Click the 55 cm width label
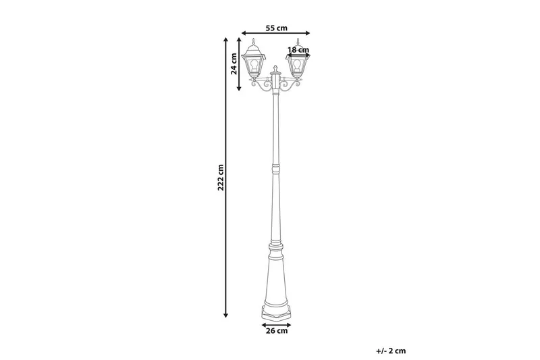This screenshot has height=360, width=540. click(277, 28)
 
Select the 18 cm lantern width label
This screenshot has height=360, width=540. click(298, 50)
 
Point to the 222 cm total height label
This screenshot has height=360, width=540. click(220, 177)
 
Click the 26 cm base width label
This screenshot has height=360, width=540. click(277, 331)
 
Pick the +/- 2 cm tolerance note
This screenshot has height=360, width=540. click(391, 350)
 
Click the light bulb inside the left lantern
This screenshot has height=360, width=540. click(255, 65)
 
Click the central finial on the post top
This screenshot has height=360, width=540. click(275, 69)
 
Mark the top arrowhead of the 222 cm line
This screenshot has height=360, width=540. click(225, 40)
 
